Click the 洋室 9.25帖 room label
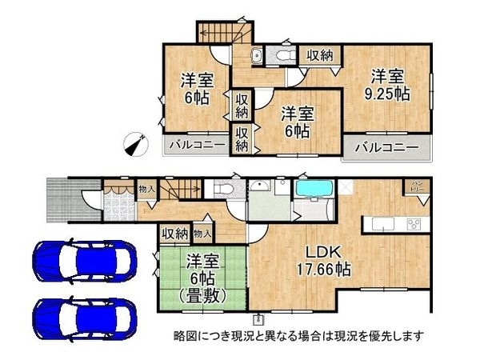pos(390,85)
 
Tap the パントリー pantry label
pos(418,188)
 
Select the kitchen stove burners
pos(416,223)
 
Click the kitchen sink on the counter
pos(379,222)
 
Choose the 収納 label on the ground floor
pos(175,234)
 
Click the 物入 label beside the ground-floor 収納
pos(202,234)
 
